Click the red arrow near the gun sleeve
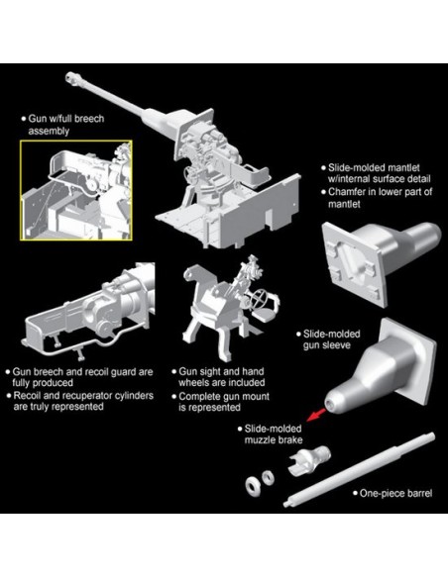[316, 415]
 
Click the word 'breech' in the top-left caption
[89, 119]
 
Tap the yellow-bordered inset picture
[76, 190]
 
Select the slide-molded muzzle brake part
[308, 459]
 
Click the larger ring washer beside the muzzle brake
[253, 486]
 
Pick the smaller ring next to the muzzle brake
[268, 477]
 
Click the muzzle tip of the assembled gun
[69, 77]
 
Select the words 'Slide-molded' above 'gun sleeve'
[331, 334]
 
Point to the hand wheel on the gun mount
[259, 300]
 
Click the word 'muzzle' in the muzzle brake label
[260, 440]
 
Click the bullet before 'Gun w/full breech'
[24, 119]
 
